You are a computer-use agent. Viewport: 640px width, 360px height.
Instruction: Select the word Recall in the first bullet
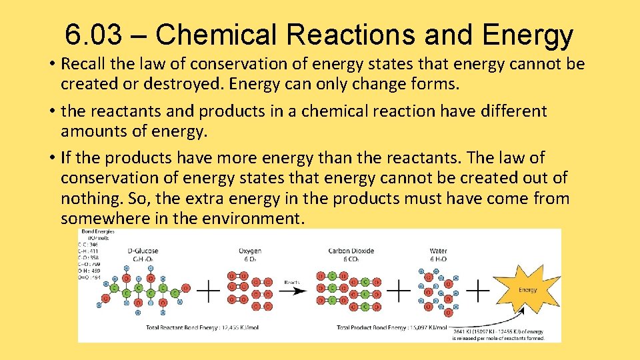pos(83,64)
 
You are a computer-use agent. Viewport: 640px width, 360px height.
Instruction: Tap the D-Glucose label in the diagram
pos(143,251)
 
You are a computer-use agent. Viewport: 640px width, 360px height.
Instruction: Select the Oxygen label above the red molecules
pos(249,251)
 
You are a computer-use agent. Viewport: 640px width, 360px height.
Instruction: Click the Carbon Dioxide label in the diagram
pos(351,251)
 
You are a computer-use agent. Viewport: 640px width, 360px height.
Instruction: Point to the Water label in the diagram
pos(438,251)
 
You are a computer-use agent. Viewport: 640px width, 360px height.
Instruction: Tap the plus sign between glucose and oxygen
pos(209,290)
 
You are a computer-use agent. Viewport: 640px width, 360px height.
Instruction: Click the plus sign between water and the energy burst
pos(478,290)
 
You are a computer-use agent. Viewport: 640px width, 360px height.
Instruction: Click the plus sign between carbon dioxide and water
pos(399,290)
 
